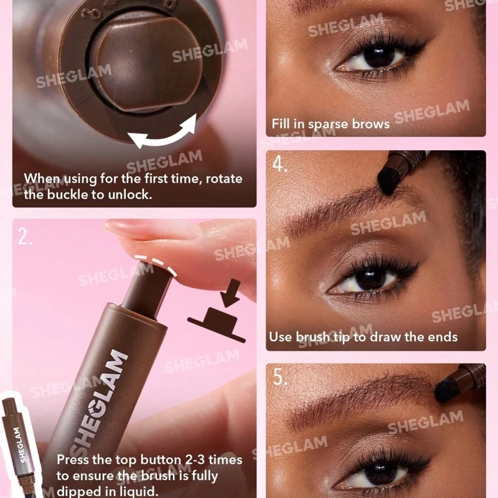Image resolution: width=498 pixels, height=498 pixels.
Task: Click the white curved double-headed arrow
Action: (162, 136)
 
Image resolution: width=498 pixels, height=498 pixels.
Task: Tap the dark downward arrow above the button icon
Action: (231, 293)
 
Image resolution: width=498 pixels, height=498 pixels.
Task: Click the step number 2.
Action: (24, 237)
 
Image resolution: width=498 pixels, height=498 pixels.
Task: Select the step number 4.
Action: (280, 164)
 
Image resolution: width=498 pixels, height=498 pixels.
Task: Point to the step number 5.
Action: (280, 377)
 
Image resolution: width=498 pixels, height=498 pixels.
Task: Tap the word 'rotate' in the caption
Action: (224, 179)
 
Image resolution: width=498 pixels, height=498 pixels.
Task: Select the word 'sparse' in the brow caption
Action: (328, 125)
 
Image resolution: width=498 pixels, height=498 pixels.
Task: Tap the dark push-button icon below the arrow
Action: (216, 324)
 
